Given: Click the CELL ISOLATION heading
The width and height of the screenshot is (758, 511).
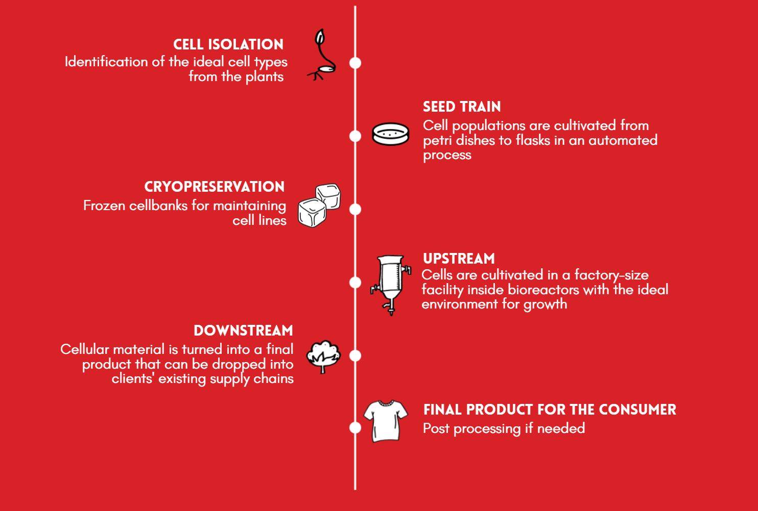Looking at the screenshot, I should (228, 45).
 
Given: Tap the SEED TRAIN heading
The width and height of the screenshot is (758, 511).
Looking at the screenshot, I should (462, 107).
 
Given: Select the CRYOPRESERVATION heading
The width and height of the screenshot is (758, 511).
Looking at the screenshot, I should (215, 187).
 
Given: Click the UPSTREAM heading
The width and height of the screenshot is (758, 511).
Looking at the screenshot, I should (459, 259).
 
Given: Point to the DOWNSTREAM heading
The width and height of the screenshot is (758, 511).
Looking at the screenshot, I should (243, 331).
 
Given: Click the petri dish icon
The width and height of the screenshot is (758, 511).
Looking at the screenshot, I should (391, 134).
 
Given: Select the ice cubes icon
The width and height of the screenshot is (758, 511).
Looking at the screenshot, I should (319, 205).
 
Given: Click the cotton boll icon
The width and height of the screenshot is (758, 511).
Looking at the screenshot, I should (323, 355).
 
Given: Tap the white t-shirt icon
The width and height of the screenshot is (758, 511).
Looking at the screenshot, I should (386, 421).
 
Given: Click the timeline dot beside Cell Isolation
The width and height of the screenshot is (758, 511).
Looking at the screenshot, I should (356, 63).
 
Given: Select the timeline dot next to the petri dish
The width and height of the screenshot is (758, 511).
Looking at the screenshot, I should (356, 136).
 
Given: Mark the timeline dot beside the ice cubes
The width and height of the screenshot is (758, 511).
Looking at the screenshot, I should (356, 209).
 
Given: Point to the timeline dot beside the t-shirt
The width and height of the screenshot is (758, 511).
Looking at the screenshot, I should (356, 427).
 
